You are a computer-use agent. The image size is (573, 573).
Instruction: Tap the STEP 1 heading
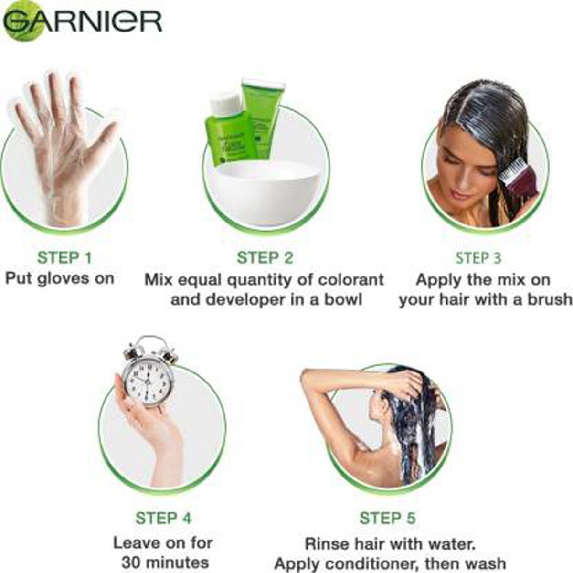[64, 257]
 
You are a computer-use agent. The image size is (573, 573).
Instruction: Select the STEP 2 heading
[265, 257]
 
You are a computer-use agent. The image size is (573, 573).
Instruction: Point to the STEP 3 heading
[478, 257]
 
